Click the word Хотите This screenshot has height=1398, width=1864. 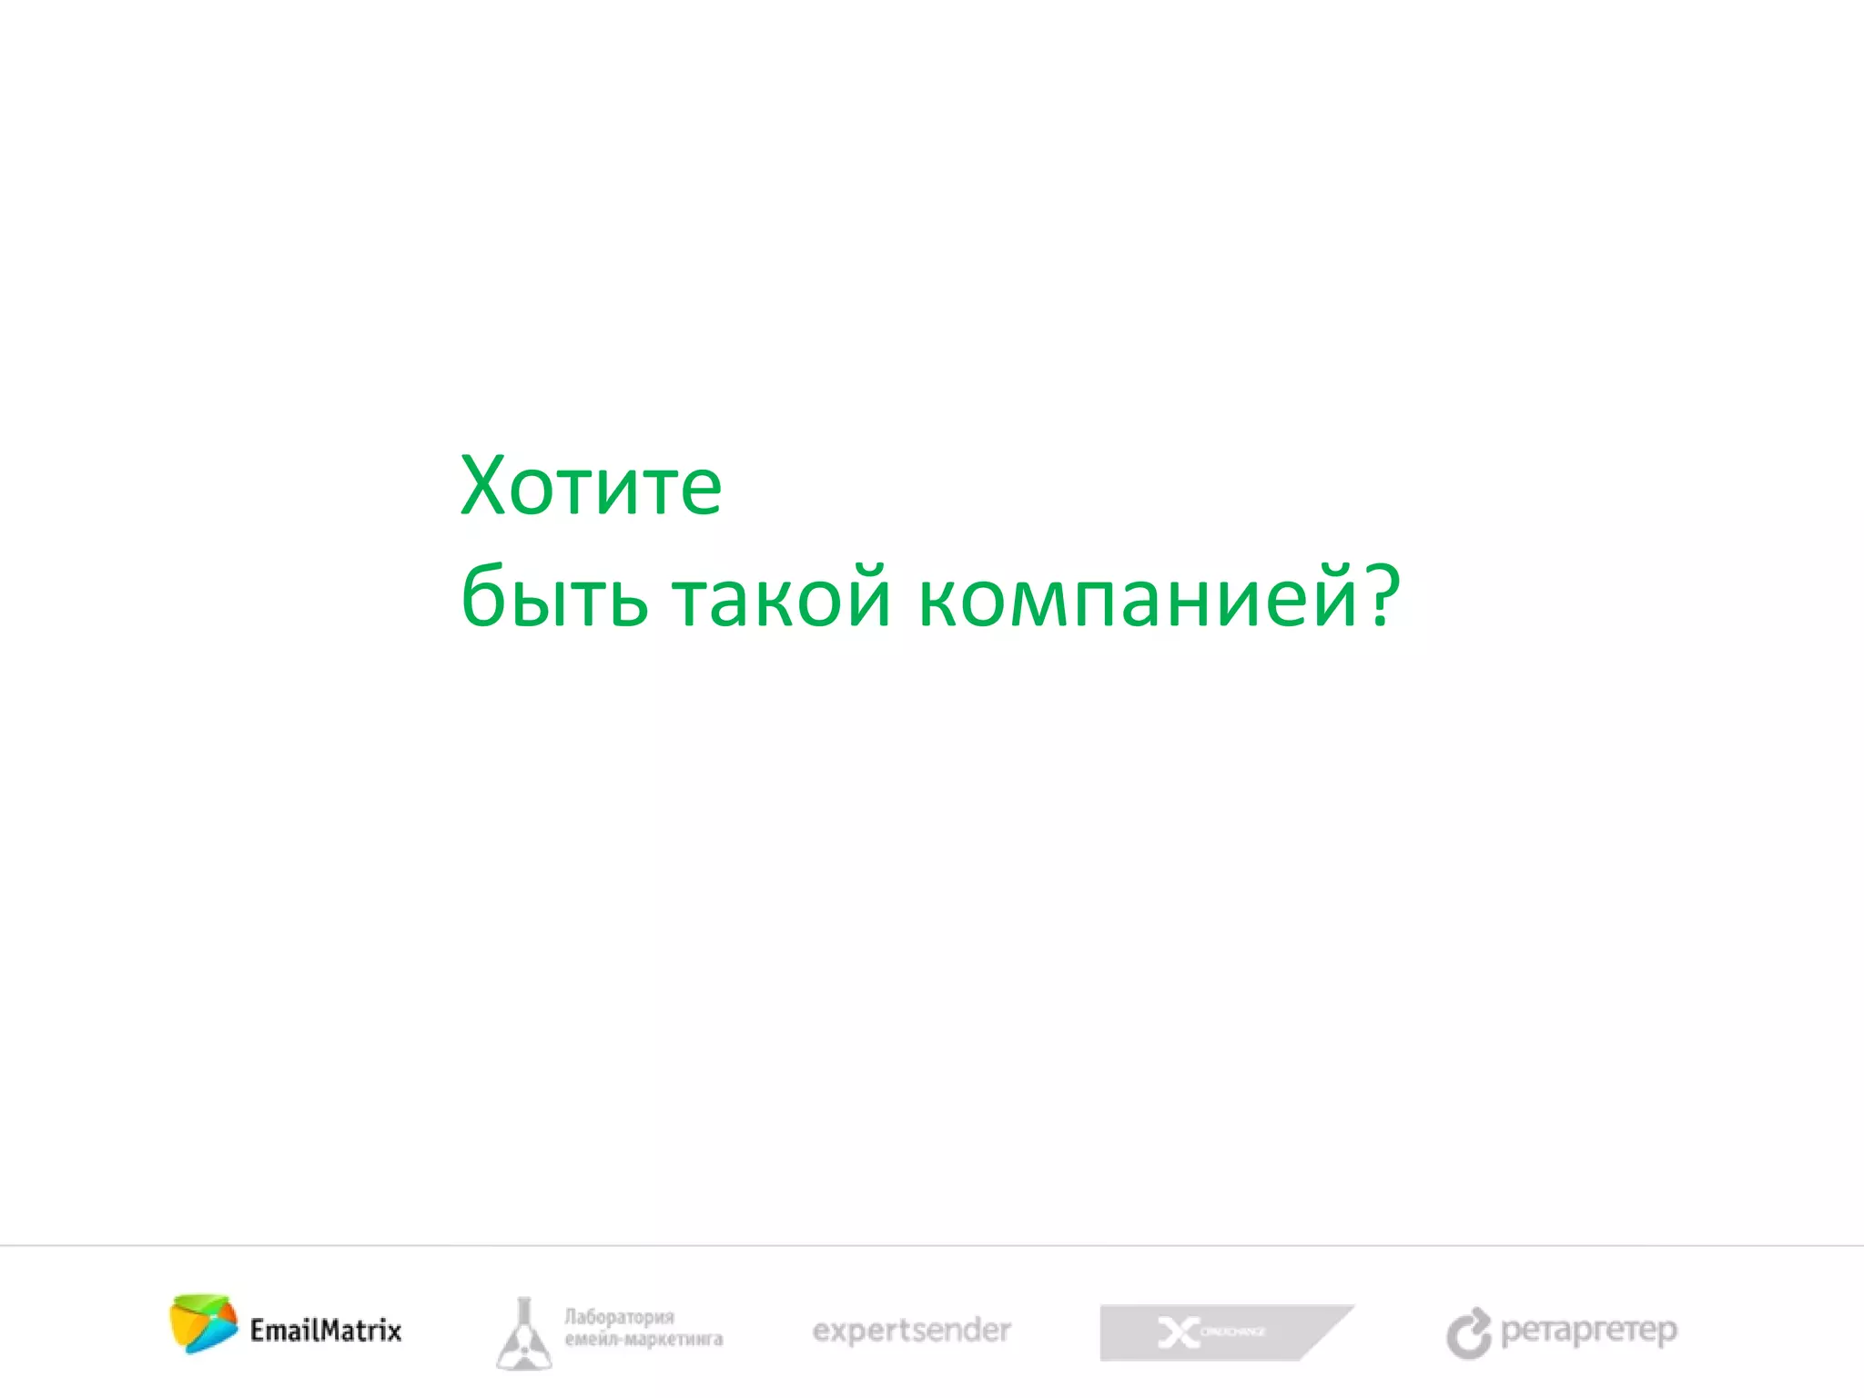click(591, 486)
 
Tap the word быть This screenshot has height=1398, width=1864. click(554, 597)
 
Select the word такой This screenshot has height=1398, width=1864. click(781, 597)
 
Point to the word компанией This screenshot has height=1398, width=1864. click(1137, 597)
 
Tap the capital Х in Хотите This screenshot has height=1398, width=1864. click(487, 486)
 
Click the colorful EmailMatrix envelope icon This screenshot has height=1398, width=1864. click(203, 1323)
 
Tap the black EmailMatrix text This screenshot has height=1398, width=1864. click(326, 1331)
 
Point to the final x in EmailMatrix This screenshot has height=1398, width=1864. click(392, 1332)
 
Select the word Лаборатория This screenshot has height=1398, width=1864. click(619, 1317)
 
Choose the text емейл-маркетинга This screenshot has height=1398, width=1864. click(643, 1340)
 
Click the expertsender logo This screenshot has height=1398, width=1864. click(911, 1331)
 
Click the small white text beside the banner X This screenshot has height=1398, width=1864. click(1232, 1332)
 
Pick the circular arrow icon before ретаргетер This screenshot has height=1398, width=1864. click(1469, 1334)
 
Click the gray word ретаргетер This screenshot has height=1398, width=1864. click(1588, 1331)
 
